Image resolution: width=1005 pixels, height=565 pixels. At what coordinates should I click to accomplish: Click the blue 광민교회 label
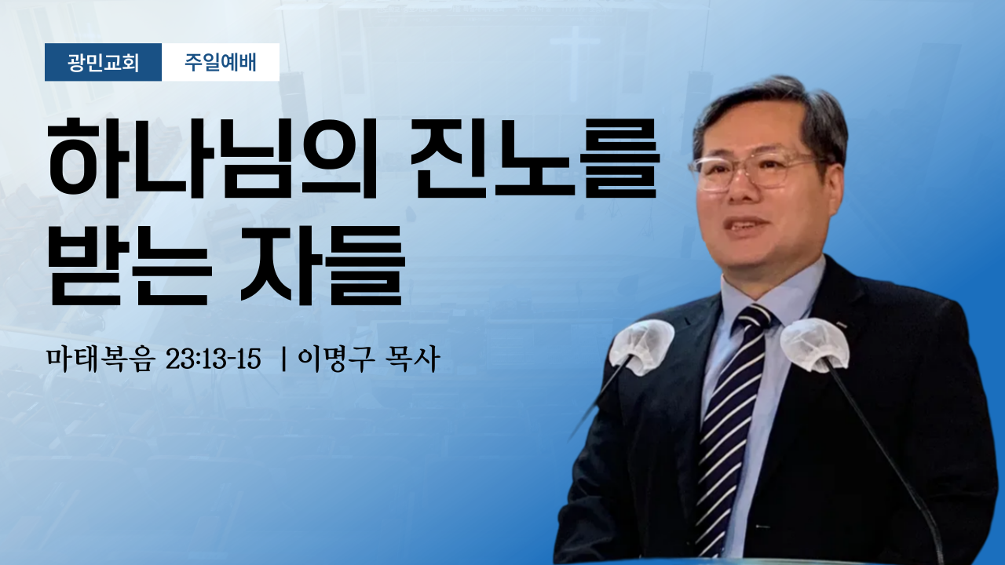103,62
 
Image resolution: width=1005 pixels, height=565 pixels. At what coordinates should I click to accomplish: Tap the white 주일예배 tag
221,62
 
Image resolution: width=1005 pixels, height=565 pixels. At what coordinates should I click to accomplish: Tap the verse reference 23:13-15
214,359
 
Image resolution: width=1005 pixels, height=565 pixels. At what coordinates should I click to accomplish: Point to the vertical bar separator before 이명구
283,359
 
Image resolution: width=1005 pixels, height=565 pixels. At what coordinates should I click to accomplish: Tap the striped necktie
729,426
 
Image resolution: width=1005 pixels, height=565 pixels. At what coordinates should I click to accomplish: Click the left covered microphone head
641,346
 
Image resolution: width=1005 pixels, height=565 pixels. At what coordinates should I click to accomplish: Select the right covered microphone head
814,344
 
